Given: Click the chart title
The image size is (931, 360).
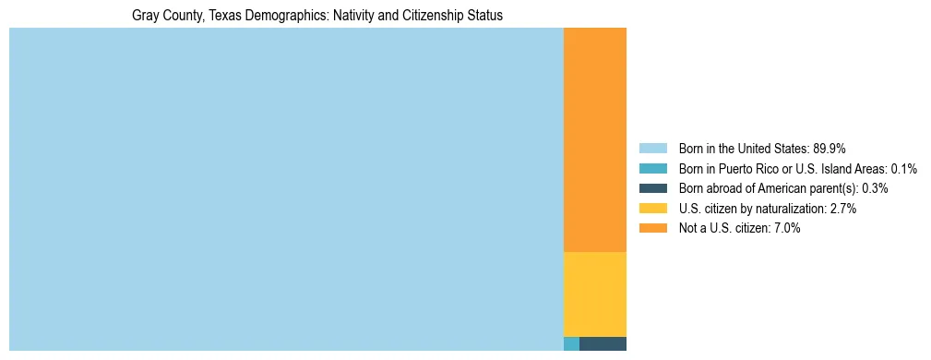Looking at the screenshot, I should tap(317, 16).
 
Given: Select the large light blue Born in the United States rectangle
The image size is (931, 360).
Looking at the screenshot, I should tap(286, 189).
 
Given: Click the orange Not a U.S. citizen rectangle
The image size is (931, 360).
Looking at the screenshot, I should tap(595, 138).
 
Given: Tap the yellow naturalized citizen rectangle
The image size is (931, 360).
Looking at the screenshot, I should tap(595, 294).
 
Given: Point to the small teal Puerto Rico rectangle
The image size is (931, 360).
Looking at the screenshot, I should tap(571, 344).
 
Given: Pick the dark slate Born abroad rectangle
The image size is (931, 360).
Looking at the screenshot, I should tap(603, 344).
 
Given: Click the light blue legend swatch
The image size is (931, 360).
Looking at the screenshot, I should tap(652, 149).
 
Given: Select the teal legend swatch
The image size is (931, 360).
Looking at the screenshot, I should tap(652, 169).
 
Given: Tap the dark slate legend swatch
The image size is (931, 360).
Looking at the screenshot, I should tap(652, 188).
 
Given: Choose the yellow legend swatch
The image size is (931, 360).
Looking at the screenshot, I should tap(652, 209).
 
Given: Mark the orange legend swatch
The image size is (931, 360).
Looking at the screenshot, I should tap(652, 228).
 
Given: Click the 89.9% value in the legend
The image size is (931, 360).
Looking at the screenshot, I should tap(830, 149).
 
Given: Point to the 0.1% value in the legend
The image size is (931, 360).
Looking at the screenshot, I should tap(903, 169).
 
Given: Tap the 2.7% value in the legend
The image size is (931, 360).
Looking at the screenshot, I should tap(842, 209).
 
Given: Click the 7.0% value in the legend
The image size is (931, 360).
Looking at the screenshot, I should tap(786, 228).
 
